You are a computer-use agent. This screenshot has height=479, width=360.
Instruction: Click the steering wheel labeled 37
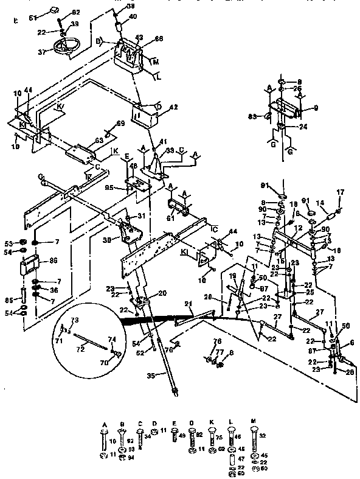click(63, 47)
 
